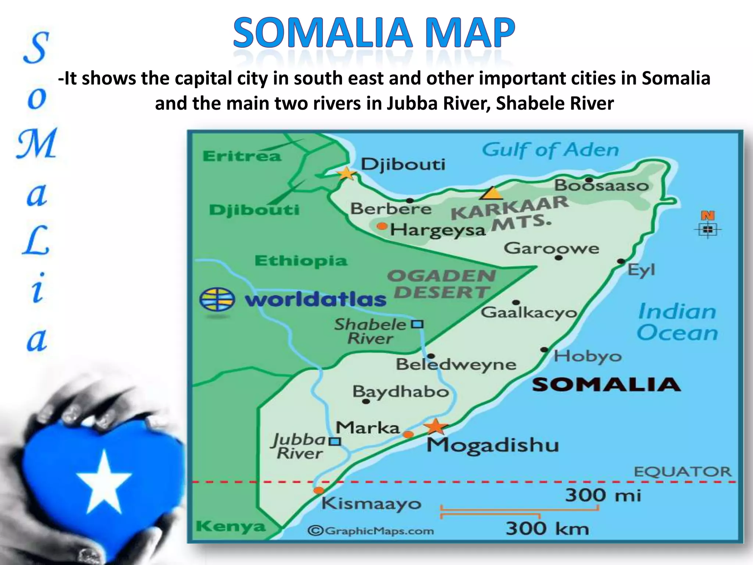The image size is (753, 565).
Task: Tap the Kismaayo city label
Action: click(371, 504)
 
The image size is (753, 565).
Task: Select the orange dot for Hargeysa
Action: click(382, 226)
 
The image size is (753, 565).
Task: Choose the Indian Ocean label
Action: click(677, 322)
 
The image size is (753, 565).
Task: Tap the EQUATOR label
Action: click(682, 472)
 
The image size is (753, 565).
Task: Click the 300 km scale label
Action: click(547, 529)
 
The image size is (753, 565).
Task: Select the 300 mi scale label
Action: click(603, 495)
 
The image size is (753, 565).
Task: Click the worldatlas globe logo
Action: click(217, 299)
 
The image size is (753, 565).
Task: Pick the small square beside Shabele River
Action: click(417, 324)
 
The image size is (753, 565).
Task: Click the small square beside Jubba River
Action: click(334, 441)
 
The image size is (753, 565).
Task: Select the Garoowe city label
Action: click(551, 248)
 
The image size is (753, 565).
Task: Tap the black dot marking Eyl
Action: click(621, 261)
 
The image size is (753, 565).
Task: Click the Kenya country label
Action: click(231, 527)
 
